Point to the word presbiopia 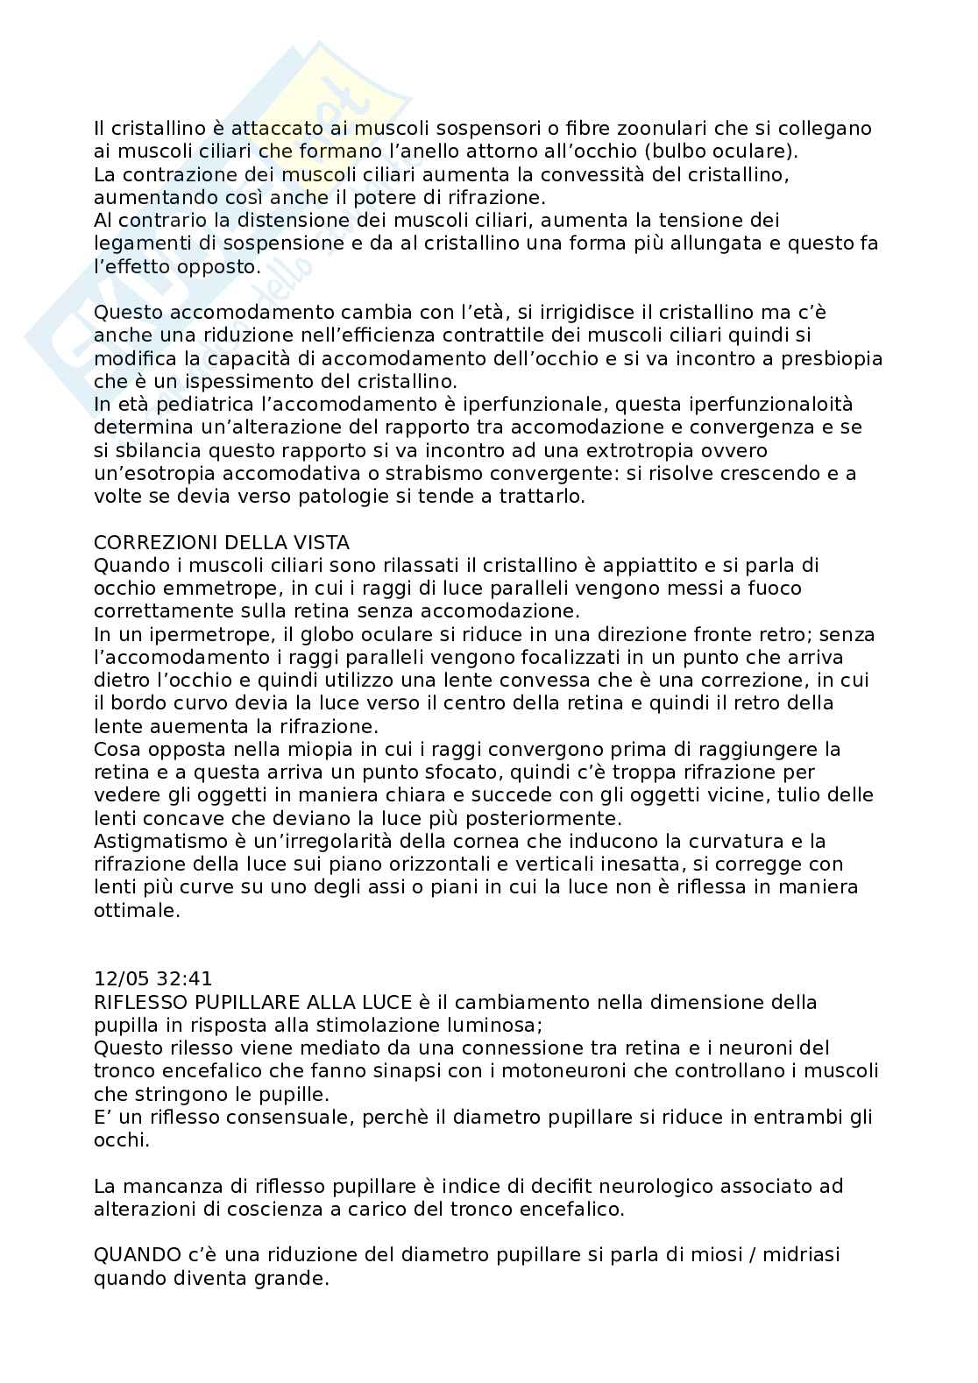[836, 359]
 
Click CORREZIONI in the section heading [156, 543]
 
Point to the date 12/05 [119, 979]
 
